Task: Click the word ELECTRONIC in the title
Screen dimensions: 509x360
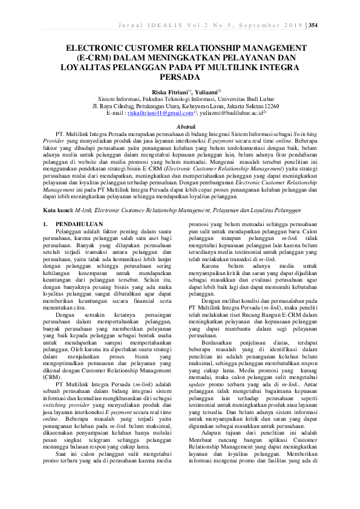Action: (x=99, y=48)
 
